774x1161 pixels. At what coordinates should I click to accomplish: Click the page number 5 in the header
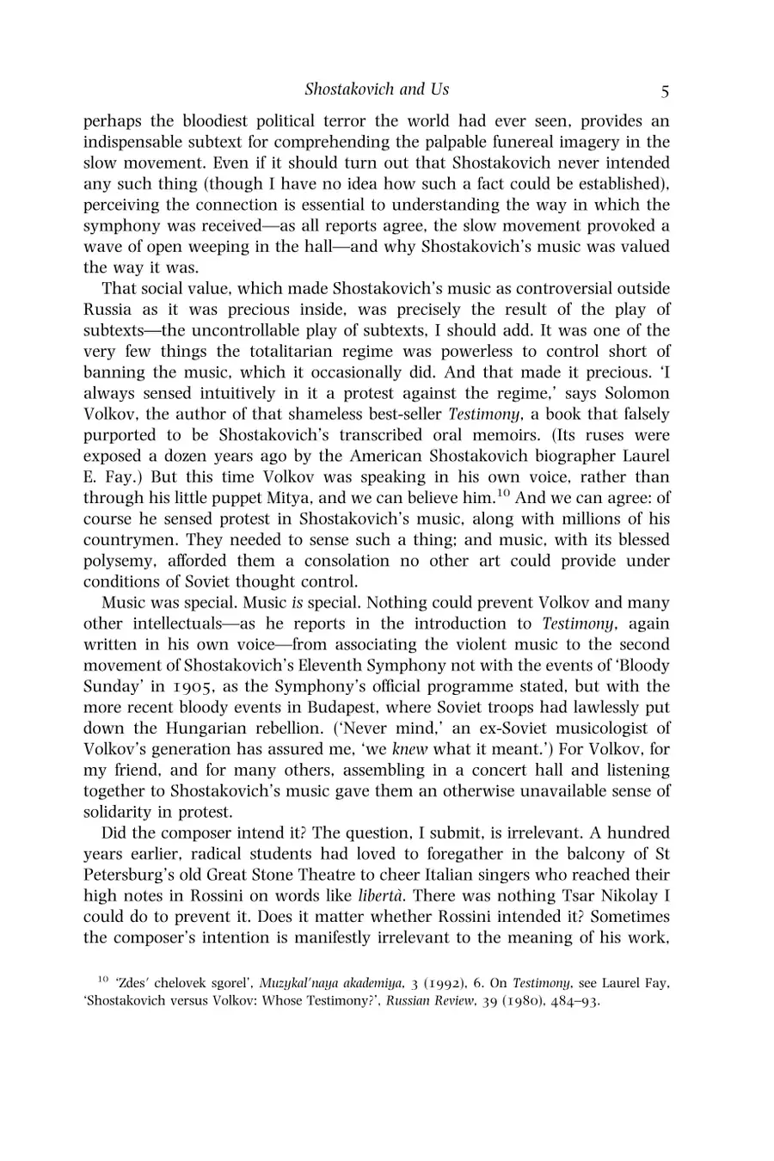pos(665,90)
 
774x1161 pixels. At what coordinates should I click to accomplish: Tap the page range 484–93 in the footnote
pos(569,1001)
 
